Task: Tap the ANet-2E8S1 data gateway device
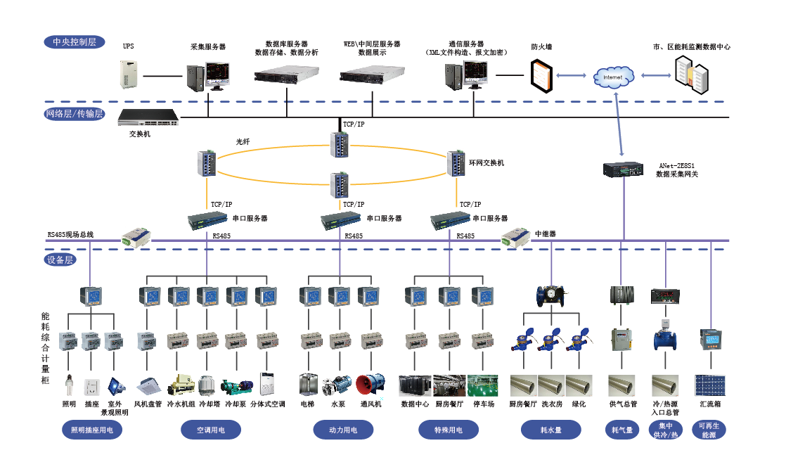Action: coord(623,169)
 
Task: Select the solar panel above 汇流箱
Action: coord(710,385)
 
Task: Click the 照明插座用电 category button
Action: coord(92,430)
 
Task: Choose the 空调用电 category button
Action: coord(210,430)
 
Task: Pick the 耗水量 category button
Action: coord(550,430)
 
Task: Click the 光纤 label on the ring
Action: coord(243,141)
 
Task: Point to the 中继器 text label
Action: coord(546,233)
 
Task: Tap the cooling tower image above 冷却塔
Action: coord(208,385)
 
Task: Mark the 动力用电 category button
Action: coord(343,430)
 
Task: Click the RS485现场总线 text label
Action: coord(70,235)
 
